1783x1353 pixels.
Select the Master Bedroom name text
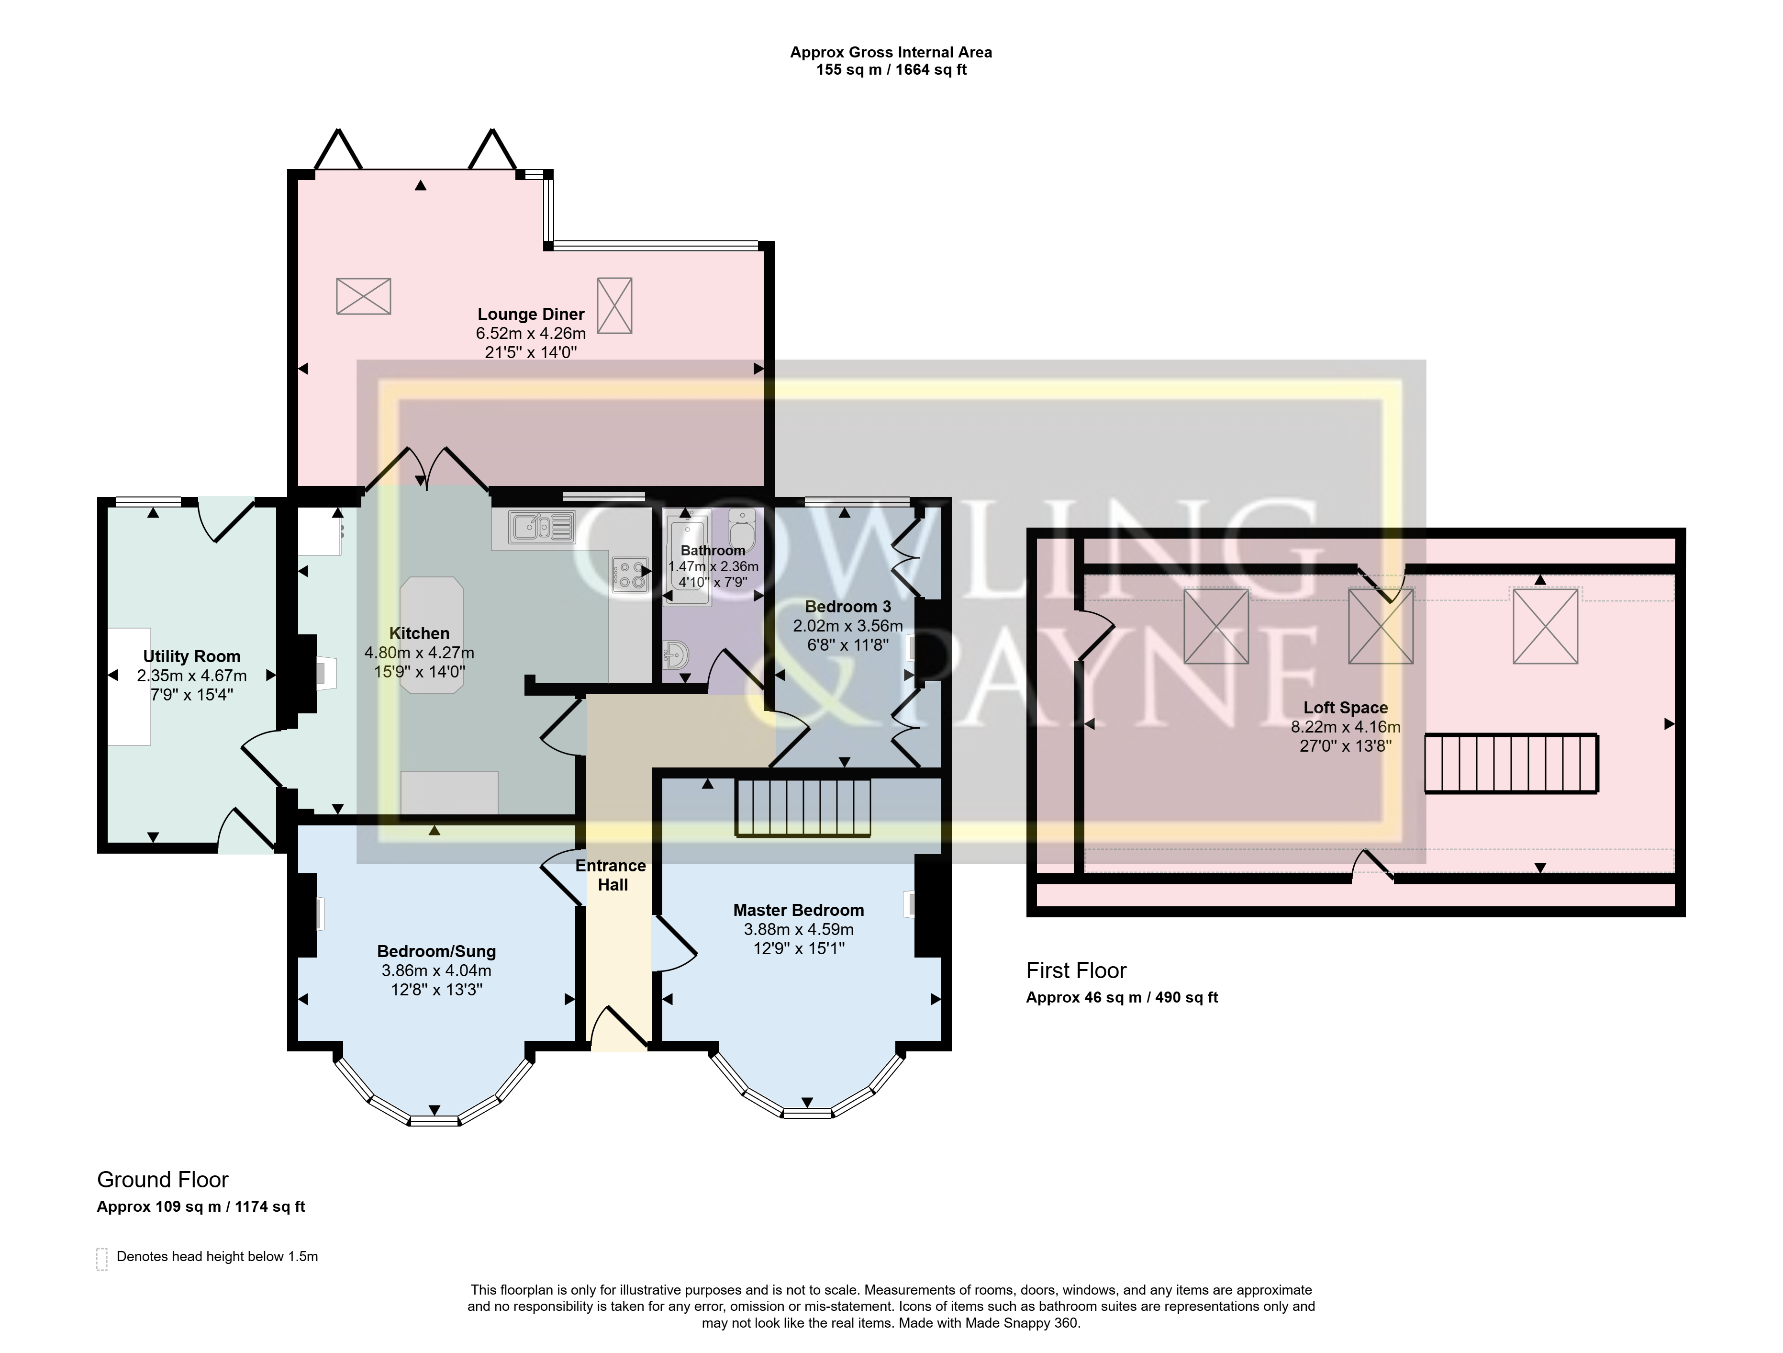(798, 910)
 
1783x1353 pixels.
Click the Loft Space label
(1345, 708)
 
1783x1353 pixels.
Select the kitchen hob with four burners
(630, 575)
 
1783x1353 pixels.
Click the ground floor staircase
(803, 807)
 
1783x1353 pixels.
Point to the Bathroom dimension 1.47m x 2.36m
(713, 567)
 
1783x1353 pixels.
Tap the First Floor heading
(1076, 971)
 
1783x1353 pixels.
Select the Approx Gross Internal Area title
(891, 52)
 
